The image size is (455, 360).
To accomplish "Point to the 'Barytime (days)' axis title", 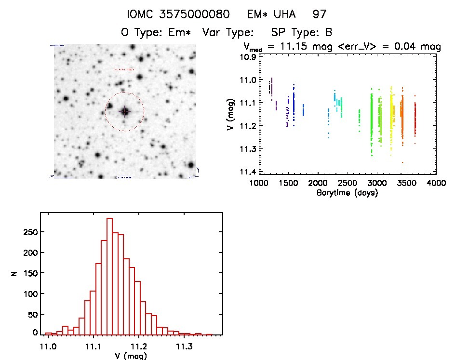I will (347, 193).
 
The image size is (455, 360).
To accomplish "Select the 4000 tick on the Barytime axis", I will (436, 184).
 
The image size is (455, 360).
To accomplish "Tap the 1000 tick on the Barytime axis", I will (258, 184).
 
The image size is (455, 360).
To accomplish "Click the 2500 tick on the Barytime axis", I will (347, 184).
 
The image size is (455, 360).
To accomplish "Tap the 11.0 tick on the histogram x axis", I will (48, 346).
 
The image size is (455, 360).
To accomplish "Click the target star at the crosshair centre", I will (125, 111).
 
